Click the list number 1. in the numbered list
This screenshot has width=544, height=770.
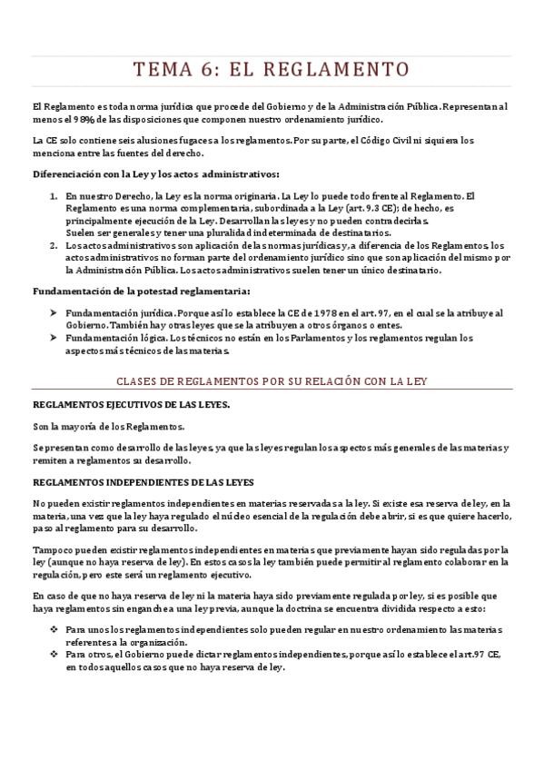pos(53,195)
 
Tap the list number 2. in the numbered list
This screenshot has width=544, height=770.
pos(53,244)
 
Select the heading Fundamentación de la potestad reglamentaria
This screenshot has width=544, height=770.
pos(141,291)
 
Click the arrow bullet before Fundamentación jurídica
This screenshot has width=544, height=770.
pos(54,312)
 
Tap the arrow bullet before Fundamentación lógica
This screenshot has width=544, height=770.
pos(54,338)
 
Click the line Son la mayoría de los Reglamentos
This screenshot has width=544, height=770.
pos(108,426)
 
